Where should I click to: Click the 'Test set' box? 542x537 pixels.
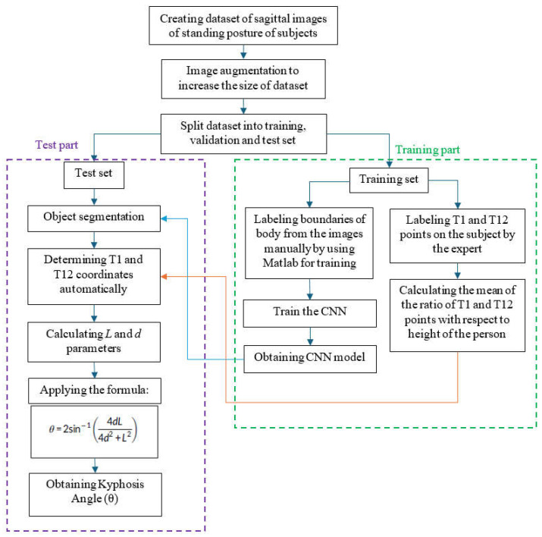[x=94, y=175]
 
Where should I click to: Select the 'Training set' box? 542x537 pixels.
[x=389, y=181]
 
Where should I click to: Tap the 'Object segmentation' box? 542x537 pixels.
[x=94, y=218]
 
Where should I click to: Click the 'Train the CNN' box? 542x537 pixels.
[x=310, y=313]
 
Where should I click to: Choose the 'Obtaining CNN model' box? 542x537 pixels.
[x=310, y=359]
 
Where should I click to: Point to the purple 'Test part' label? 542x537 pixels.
[x=57, y=145]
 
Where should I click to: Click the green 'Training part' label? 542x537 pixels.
[x=428, y=149]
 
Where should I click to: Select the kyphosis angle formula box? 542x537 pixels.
[x=94, y=432]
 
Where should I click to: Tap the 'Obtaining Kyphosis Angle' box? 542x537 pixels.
[x=96, y=495]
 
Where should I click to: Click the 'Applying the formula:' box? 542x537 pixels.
[x=95, y=391]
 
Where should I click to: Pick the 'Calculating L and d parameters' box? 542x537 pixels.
[x=94, y=342]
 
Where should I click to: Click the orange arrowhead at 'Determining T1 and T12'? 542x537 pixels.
[x=164, y=276]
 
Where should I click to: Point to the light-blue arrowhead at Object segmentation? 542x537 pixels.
[x=164, y=218]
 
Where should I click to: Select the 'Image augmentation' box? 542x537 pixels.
[x=243, y=79]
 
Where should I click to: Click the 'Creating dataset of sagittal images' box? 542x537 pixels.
[x=243, y=25]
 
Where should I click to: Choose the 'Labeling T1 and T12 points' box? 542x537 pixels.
[x=457, y=236]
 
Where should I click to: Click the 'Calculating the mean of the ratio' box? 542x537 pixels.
[x=457, y=316]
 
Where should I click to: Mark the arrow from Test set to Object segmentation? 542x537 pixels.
[x=94, y=197]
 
